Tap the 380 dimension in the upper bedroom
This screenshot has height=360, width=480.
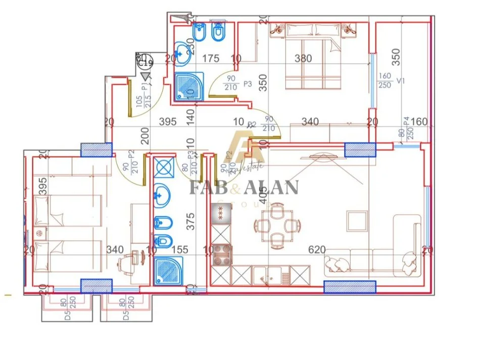pyautogui.click(x=303, y=59)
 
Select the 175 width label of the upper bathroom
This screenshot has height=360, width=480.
pyautogui.click(x=211, y=59)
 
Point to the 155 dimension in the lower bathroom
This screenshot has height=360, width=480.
pyautogui.click(x=179, y=249)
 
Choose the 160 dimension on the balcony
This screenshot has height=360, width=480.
pyautogui.click(x=419, y=122)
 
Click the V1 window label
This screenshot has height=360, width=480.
pyautogui.click(x=400, y=80)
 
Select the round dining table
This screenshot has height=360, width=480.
pyautogui.click(x=276, y=224)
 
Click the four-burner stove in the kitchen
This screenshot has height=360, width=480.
pyautogui.click(x=221, y=254)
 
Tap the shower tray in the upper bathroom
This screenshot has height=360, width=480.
pyautogui.click(x=189, y=86)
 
